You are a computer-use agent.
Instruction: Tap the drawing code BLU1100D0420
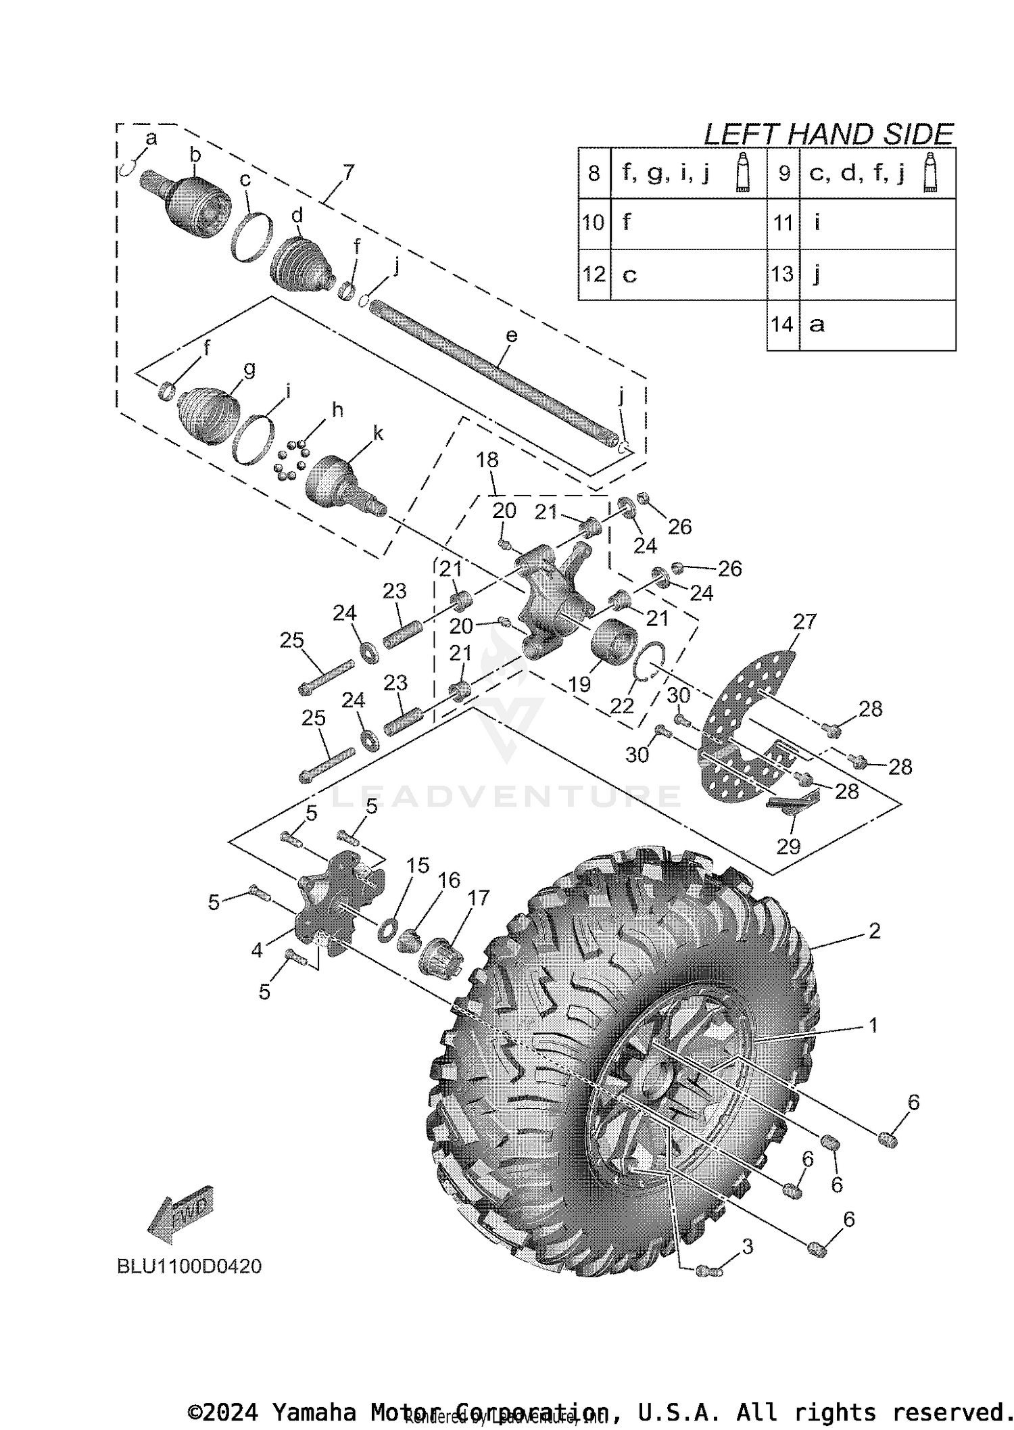click(189, 1266)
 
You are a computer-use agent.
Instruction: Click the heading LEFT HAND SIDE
click(828, 134)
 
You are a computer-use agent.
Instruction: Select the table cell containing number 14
click(783, 325)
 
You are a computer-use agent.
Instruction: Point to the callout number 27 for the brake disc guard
click(804, 621)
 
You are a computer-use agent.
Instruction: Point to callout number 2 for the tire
click(874, 931)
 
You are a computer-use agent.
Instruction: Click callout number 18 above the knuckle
click(487, 460)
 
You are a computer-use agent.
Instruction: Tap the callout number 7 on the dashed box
click(347, 172)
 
